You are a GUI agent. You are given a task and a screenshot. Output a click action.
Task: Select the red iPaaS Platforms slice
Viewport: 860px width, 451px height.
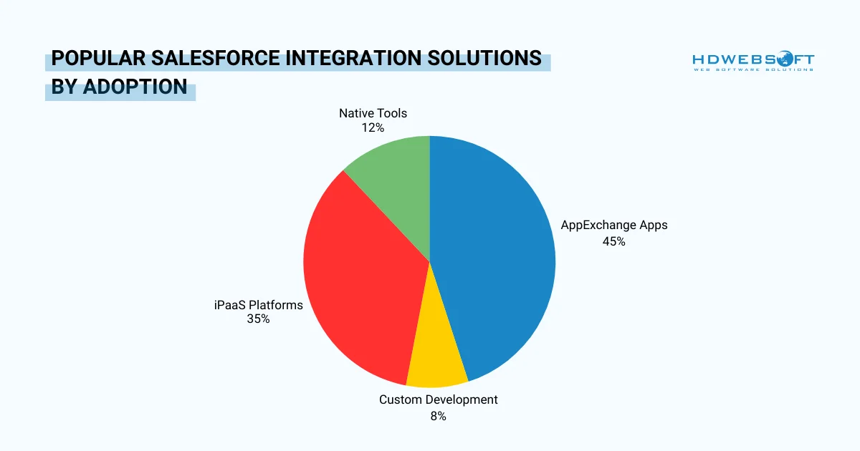[358, 279]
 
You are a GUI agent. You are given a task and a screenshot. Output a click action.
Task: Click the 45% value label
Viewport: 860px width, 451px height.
[613, 242]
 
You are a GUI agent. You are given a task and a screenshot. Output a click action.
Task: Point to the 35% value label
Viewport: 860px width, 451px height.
[258, 319]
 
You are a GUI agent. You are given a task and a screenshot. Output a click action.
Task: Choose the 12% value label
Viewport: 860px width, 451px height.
[373, 127]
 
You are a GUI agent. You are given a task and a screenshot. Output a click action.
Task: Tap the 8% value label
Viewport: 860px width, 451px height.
[438, 416]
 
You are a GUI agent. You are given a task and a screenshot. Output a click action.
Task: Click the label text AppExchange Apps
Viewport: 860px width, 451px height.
[613, 225]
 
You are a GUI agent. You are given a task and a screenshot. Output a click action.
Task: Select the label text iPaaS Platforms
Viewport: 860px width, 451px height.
[258, 305]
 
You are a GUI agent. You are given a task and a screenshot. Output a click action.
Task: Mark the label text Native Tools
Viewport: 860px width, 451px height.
[373, 113]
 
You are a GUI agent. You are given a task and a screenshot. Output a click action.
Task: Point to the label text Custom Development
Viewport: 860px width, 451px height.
[438, 399]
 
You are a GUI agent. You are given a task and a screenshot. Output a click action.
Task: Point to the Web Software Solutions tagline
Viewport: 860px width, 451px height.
[752, 69]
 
